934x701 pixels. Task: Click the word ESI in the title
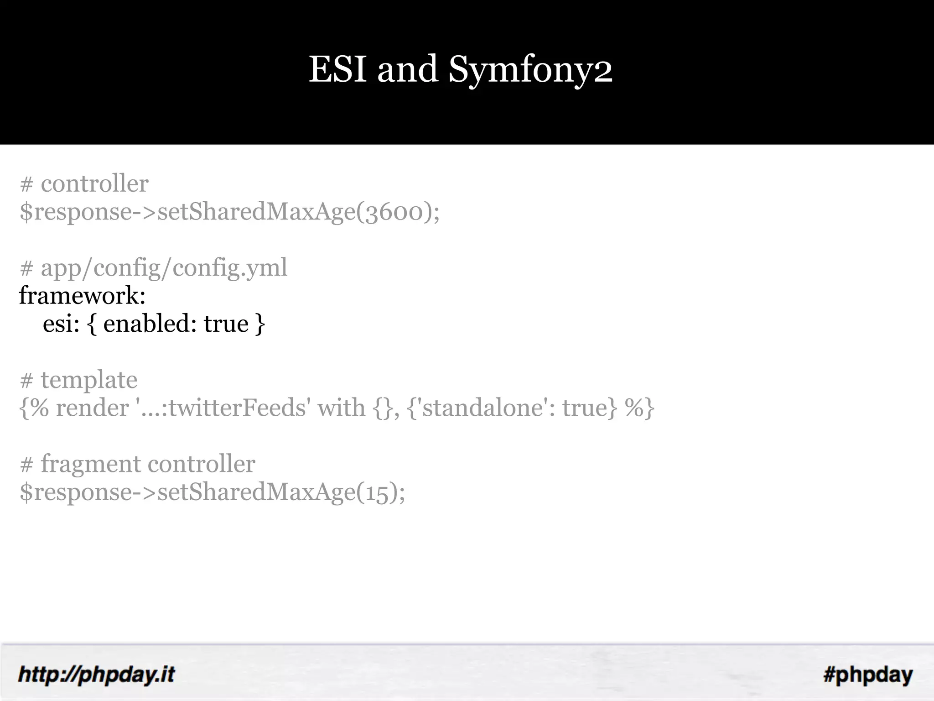pos(337,69)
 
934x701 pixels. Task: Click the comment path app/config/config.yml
pos(164,268)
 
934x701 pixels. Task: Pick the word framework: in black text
pos(82,296)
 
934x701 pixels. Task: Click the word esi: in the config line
pos(61,324)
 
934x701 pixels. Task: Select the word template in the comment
pos(89,380)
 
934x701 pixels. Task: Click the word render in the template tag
pos(92,408)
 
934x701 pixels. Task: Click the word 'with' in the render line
pos(341,408)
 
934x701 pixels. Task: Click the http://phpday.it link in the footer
pos(96,675)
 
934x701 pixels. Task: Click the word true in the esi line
pos(226,324)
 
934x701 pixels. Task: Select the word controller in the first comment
pos(94,184)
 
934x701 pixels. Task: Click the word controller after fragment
pos(201,464)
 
